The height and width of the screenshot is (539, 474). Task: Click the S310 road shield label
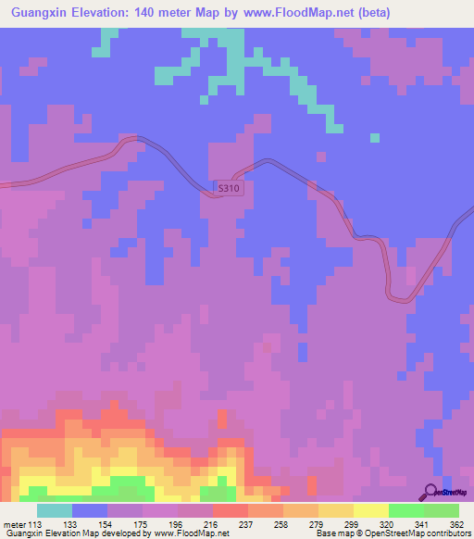coord(228,188)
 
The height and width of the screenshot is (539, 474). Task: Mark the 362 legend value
coord(455,525)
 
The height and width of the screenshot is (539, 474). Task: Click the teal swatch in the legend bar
coord(55,511)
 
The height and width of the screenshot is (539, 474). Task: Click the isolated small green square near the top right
coord(375,138)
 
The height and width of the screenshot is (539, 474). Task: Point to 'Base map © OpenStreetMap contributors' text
coord(390,533)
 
